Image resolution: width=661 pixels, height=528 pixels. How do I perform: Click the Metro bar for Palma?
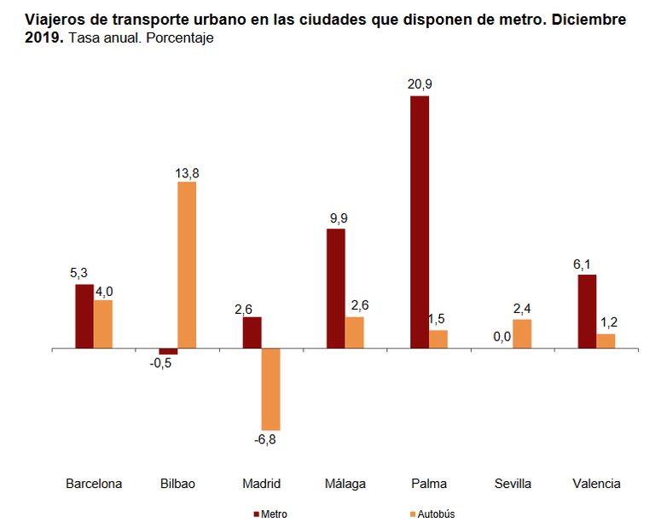coord(419,222)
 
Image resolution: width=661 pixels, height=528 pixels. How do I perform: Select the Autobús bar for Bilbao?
coord(187,265)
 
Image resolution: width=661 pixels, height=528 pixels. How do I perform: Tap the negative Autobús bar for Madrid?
coord(270,389)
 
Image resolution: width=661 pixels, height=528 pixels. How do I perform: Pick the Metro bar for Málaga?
coord(335,288)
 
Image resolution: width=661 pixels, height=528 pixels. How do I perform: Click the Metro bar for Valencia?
coord(586,311)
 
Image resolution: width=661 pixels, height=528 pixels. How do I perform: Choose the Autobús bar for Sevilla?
coord(522,334)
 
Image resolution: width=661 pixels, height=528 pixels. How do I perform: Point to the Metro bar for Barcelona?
coord(84,316)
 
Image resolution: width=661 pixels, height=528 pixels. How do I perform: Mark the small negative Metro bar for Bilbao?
coord(168,351)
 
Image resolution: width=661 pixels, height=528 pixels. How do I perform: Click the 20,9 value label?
coord(420,84)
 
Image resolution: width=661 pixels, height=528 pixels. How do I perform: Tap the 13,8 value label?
coord(187,173)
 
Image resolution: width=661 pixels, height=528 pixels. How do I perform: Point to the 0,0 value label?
coord(502,337)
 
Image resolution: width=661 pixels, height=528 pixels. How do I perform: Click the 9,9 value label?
coord(339,218)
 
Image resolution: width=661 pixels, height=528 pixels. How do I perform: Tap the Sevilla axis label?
coord(513,484)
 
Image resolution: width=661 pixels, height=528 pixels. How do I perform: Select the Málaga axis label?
coord(345,484)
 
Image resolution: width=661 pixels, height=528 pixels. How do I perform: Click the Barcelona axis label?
coord(94,484)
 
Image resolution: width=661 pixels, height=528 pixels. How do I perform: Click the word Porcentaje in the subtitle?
coord(179,38)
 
